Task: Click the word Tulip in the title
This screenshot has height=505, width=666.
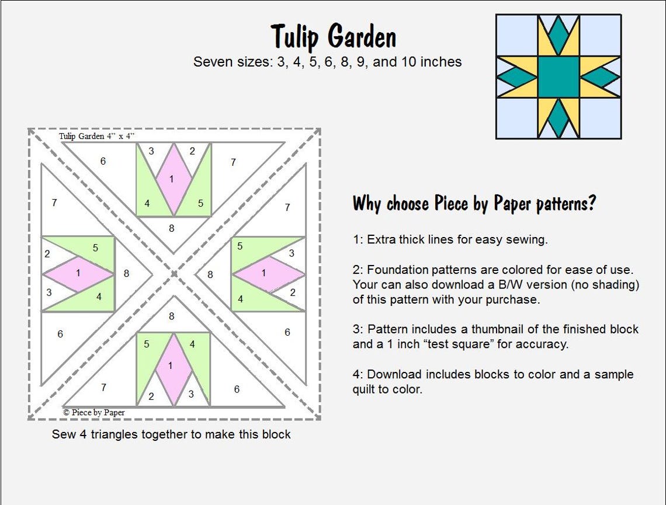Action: coord(294,37)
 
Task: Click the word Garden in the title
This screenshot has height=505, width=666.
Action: coord(362,37)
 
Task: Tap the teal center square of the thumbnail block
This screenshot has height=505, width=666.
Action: coord(558,76)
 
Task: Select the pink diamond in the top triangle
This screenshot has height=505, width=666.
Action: coord(172,179)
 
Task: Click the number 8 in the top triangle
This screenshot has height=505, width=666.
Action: coord(172,228)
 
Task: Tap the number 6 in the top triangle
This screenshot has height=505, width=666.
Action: coord(103,161)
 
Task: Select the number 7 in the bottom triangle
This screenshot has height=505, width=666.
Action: coord(103,387)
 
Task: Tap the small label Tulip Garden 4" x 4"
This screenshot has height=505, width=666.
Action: coord(96,136)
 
